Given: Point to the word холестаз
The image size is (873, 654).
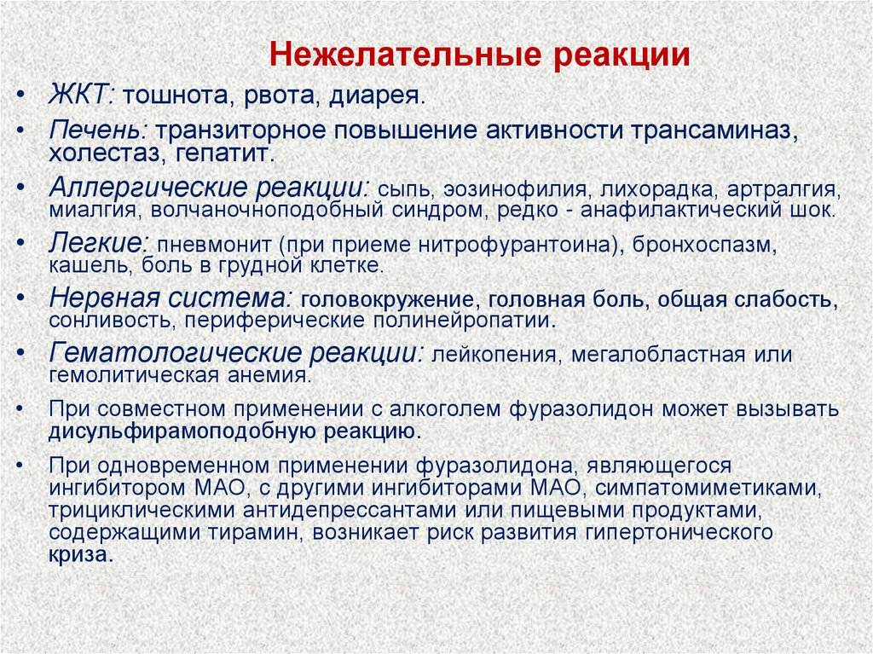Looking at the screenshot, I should (96, 154).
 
